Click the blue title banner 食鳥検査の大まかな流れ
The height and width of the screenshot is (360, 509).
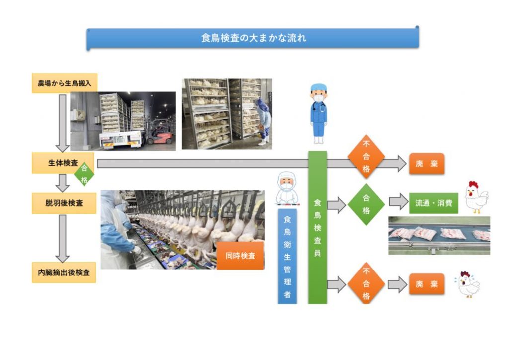(253, 38)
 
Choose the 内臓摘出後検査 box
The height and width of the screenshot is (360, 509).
(64, 272)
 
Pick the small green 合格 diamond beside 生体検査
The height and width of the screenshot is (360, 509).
(84, 172)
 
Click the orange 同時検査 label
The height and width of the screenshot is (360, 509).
(240, 256)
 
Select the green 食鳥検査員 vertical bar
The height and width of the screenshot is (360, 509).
(317, 227)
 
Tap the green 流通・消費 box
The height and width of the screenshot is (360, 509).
(433, 203)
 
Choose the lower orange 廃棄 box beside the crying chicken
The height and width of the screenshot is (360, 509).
(426, 284)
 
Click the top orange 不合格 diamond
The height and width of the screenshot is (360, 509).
(366, 157)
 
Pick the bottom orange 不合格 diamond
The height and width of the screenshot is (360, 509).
(366, 285)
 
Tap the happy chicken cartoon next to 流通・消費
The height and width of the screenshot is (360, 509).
(476, 198)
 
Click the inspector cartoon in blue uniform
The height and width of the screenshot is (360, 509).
(318, 113)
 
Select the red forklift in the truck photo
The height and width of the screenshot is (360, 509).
(160, 132)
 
